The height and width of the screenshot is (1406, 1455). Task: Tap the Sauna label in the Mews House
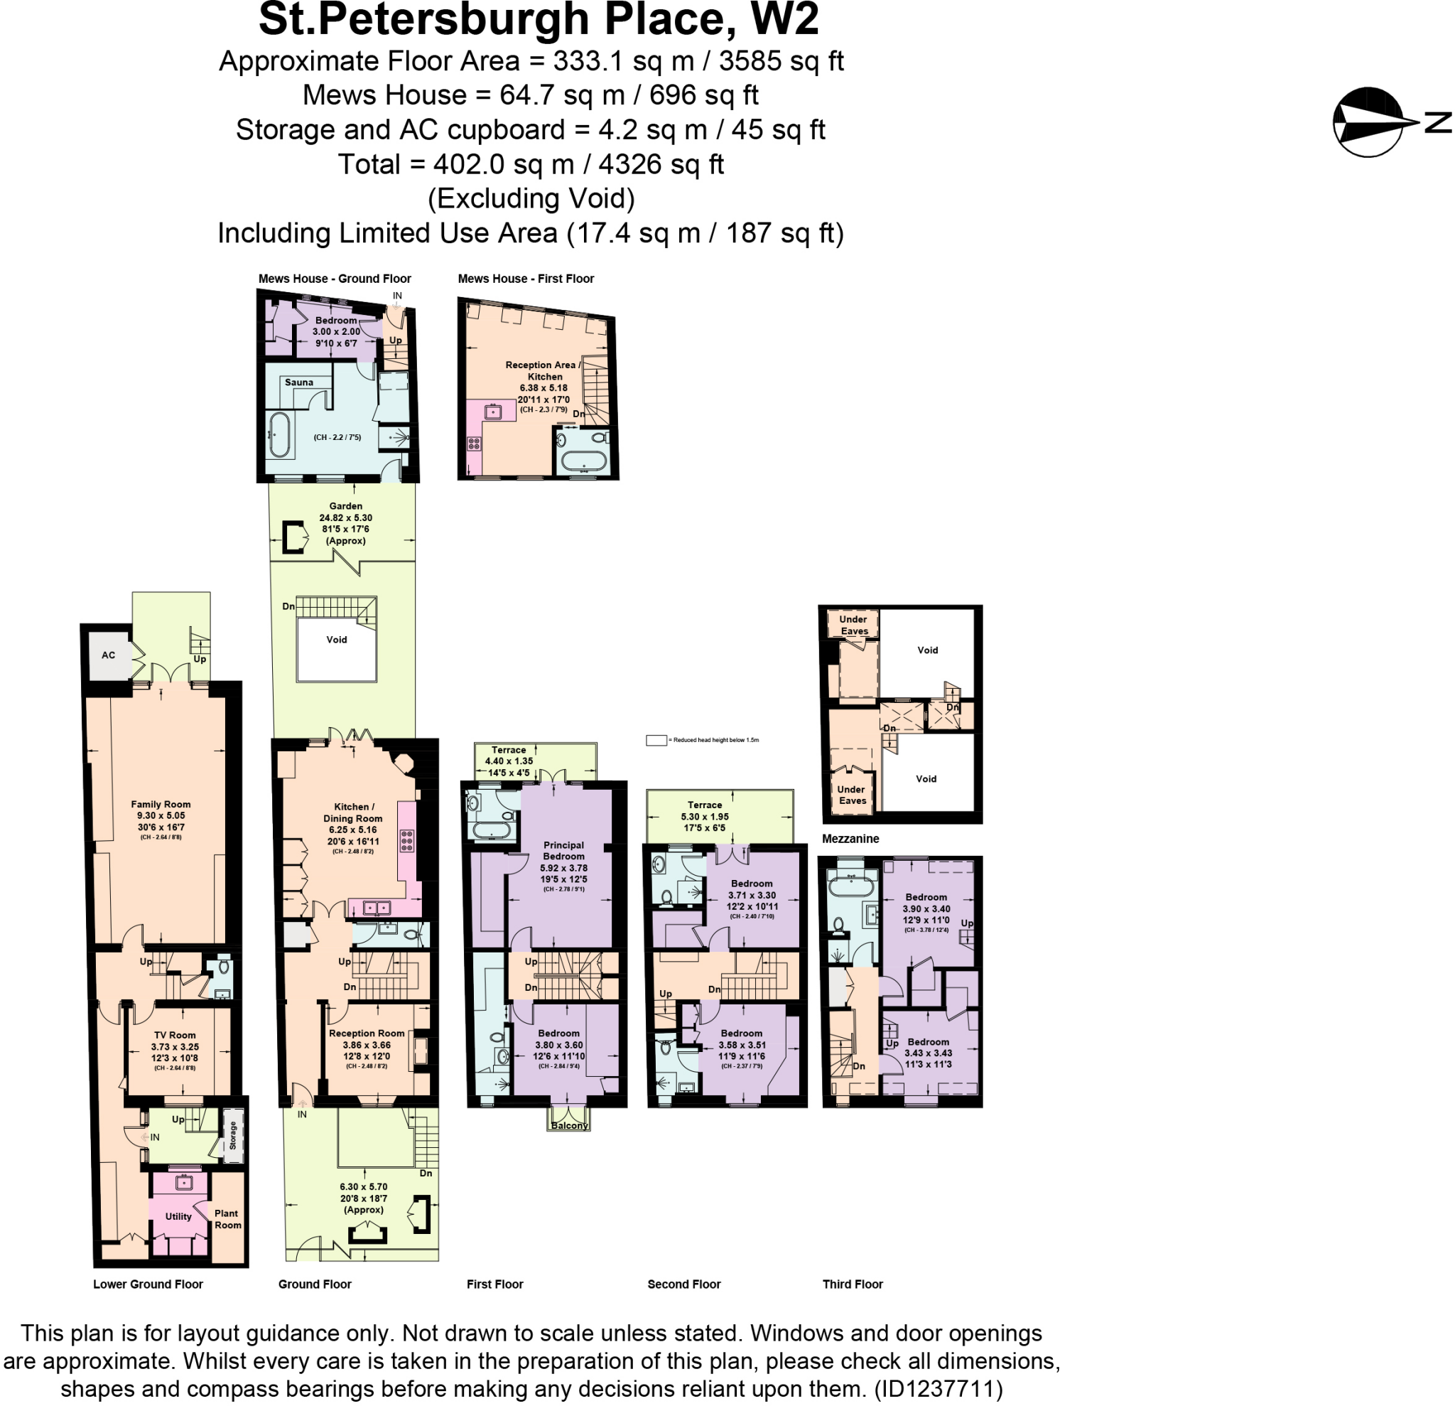[x=298, y=382]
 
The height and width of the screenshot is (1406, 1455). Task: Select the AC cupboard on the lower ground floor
[x=109, y=655]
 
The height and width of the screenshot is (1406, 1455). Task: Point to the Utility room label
[x=178, y=1216]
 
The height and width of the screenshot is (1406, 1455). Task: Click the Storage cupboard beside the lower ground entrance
[x=233, y=1135]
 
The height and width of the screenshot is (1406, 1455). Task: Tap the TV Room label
[x=175, y=1035]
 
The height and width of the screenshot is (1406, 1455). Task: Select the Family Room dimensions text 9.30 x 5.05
[x=161, y=815]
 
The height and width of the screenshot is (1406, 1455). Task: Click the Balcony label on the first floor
[x=569, y=1125]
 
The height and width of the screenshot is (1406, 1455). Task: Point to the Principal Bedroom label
[x=563, y=850]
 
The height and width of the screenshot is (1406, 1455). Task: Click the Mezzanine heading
[x=850, y=839]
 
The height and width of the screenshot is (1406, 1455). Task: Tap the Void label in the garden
[x=336, y=640]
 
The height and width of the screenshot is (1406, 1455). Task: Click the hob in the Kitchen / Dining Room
[x=407, y=840]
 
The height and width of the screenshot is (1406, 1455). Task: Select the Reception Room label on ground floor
[x=367, y=1033]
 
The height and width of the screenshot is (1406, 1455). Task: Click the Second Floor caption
[x=683, y=1284]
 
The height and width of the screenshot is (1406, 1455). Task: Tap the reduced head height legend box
[x=656, y=741]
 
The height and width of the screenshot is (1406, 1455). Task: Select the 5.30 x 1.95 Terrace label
[x=705, y=816]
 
